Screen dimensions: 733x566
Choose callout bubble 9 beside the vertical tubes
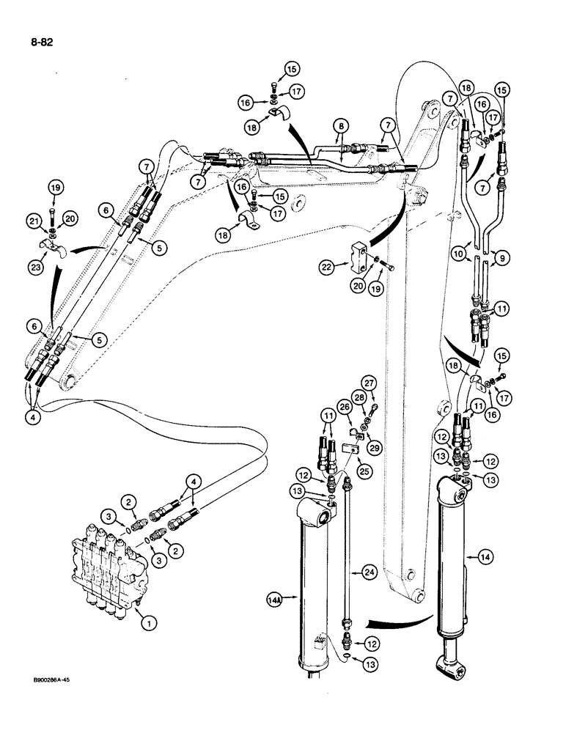coord(501,257)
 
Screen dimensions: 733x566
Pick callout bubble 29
coord(376,446)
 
